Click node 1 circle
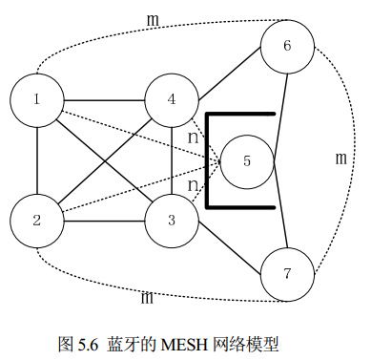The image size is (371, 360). (x=36, y=99)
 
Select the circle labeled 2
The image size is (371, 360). (x=36, y=222)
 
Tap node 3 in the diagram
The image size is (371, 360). (x=172, y=222)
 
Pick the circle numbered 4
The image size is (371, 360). (x=172, y=99)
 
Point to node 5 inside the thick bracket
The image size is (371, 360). (x=247, y=160)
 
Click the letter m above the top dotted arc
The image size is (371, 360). (x=153, y=19)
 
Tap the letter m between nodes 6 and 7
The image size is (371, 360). (x=340, y=159)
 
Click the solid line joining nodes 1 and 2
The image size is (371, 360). (x=36, y=160)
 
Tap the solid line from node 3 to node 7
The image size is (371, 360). (x=229, y=248)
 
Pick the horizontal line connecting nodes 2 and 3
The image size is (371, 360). (x=104, y=222)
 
